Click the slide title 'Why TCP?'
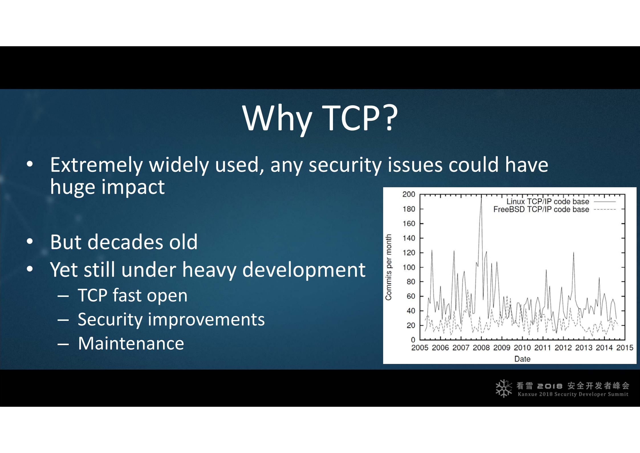coord(320,118)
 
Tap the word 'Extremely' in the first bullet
coord(96,165)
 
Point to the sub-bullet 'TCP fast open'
coord(133,295)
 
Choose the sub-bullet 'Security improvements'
coord(171,319)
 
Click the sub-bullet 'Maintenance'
coord(131,343)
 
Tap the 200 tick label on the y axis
coord(409,194)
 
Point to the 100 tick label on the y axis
coord(409,267)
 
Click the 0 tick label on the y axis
coord(413,340)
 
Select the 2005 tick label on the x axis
coord(420,348)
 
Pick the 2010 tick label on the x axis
coord(522,348)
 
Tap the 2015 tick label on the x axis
coord(625,348)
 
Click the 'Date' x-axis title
coord(522,359)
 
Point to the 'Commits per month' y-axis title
coord(388,267)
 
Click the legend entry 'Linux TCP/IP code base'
coord(548,202)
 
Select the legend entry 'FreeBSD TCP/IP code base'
coord(541,210)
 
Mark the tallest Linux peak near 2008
coord(481,198)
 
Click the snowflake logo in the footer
coord(504,388)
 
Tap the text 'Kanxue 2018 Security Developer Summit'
coord(573,394)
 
